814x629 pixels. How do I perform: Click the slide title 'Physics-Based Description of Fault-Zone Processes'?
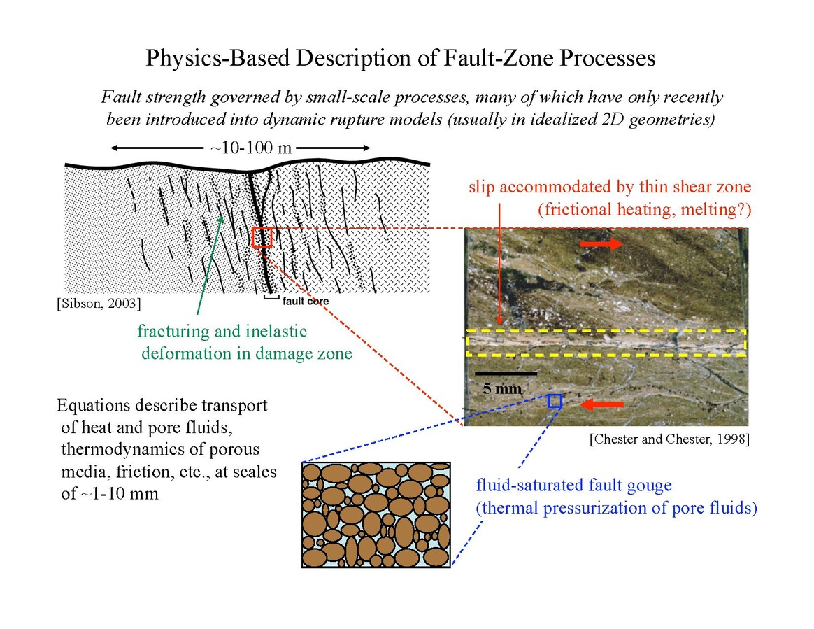click(400, 58)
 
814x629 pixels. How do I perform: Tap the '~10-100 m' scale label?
click(251, 148)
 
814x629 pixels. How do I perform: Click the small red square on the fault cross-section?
click(262, 238)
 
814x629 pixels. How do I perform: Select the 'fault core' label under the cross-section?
click(305, 302)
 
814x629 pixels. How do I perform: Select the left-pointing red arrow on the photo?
click(604, 404)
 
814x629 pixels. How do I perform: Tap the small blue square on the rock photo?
click(555, 401)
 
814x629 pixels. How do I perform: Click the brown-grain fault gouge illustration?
click(375, 514)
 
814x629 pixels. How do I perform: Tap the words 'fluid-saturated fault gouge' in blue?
click(573, 485)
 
